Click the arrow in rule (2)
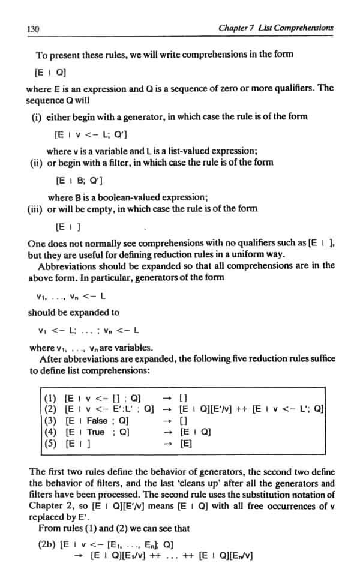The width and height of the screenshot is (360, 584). click(x=170, y=409)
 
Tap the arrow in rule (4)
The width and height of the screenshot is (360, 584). click(x=170, y=432)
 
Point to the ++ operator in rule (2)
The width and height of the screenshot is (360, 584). click(x=246, y=409)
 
